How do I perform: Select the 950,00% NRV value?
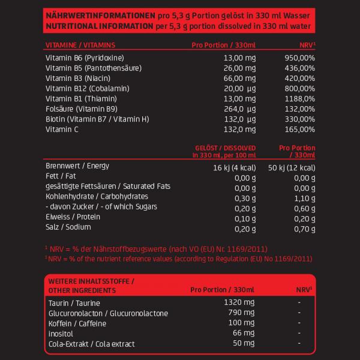(x=299, y=58)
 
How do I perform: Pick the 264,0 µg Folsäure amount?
(x=239, y=109)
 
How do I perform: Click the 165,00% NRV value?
(x=299, y=129)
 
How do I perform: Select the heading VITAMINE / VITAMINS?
(x=80, y=44)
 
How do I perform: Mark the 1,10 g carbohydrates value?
(x=304, y=196)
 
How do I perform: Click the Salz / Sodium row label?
(x=68, y=227)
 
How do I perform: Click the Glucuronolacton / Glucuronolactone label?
(x=107, y=313)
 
